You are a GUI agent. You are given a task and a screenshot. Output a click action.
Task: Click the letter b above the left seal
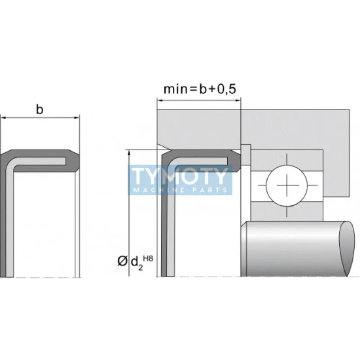pos(40,110)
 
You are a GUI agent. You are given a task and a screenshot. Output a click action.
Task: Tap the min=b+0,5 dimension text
pos(199,89)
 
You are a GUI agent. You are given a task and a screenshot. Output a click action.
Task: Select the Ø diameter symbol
pos(122,261)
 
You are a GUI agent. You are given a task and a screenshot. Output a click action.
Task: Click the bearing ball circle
pos(286,185)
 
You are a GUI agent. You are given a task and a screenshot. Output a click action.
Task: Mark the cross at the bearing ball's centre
pos(286,185)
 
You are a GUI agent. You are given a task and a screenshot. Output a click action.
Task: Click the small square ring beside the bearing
pos(246,149)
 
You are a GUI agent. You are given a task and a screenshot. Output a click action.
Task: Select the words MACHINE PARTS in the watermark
pos(180,190)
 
